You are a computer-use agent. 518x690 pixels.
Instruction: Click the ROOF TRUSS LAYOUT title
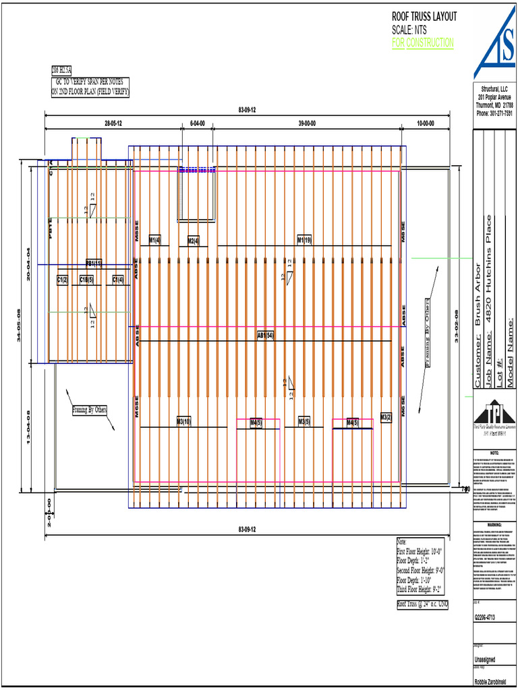pyautogui.click(x=424, y=17)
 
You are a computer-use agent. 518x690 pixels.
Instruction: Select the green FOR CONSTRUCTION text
pyautogui.click(x=423, y=42)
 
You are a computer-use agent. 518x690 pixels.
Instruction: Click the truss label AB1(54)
pyautogui.click(x=265, y=335)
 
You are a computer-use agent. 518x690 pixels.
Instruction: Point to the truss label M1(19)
pyautogui.click(x=304, y=240)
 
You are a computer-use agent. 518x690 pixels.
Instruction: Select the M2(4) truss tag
pyautogui.click(x=194, y=241)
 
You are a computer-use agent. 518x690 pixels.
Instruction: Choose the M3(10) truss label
pyautogui.click(x=183, y=422)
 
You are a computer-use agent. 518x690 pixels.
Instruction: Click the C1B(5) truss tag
pyautogui.click(x=86, y=279)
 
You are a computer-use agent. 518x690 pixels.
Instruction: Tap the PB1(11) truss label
pyautogui.click(x=93, y=263)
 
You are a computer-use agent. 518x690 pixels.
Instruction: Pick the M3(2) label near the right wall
pyautogui.click(x=386, y=418)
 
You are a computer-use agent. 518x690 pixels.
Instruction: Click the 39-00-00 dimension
pyautogui.click(x=309, y=123)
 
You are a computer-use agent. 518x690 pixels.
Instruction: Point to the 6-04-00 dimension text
pyautogui.click(x=197, y=123)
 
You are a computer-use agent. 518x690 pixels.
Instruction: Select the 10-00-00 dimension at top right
pyautogui.click(x=425, y=123)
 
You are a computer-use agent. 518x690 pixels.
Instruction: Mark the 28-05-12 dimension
pyautogui.click(x=113, y=123)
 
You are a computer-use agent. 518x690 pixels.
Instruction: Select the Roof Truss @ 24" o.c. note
pyautogui.click(x=423, y=604)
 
